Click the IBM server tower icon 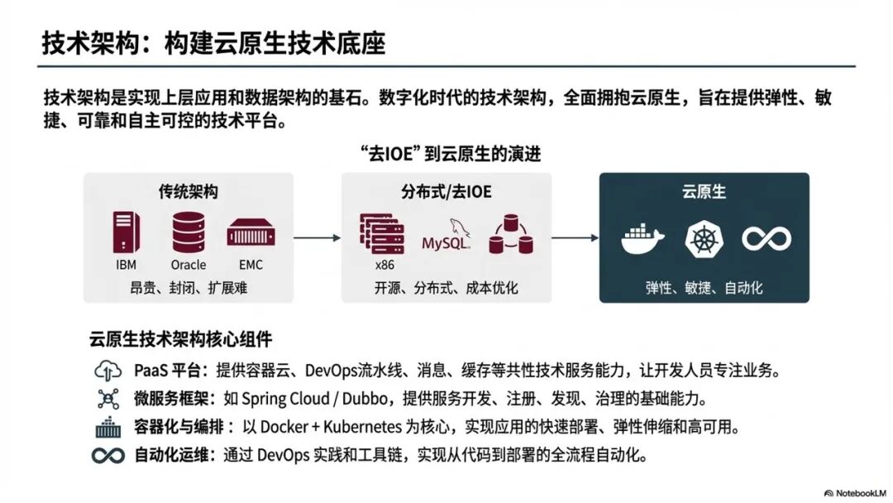pyautogui.click(x=127, y=232)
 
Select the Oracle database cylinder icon pyautogui.click(x=189, y=232)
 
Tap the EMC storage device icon pyautogui.click(x=251, y=233)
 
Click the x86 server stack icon pyautogui.click(x=380, y=234)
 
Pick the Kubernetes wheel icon pyautogui.click(x=704, y=238)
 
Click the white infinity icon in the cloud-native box pyautogui.click(x=766, y=238)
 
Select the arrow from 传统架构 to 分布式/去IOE pyautogui.click(x=317, y=238)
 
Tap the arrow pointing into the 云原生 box pyautogui.click(x=575, y=238)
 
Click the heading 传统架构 pyautogui.click(x=189, y=192)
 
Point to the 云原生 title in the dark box pyautogui.click(x=704, y=192)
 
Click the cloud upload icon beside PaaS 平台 pyautogui.click(x=108, y=370)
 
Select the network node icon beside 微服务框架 pyautogui.click(x=108, y=399)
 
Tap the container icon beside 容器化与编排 pyautogui.click(x=108, y=428)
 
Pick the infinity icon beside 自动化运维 pyautogui.click(x=108, y=456)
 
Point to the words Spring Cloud pyautogui.click(x=285, y=399)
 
